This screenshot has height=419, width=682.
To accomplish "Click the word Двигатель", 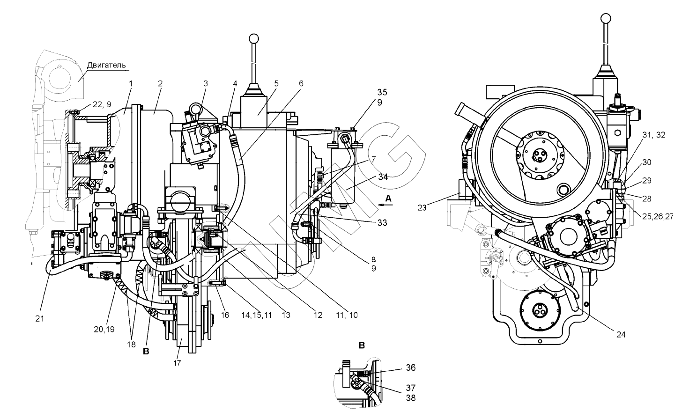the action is tap(106, 65).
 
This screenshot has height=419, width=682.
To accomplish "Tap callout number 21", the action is tap(40, 319).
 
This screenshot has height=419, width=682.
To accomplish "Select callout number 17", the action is tap(178, 363).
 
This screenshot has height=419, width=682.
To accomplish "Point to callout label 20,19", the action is tap(104, 329).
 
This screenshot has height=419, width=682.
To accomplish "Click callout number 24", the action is tap(621, 335).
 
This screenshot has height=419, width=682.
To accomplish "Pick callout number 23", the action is tap(422, 208).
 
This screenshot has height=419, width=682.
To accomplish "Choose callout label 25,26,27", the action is tap(658, 217).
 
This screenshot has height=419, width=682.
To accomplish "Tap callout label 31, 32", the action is tap(654, 135).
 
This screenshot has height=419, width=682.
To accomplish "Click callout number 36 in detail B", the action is tap(411, 368).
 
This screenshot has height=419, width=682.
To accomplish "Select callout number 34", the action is tap(383, 177).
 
